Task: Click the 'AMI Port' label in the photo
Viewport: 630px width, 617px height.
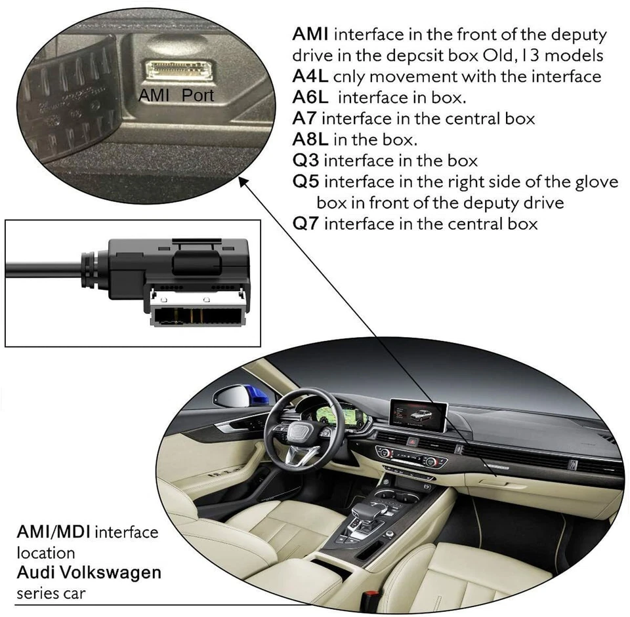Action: pos(177,94)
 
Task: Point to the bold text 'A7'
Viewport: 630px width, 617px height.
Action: pos(304,119)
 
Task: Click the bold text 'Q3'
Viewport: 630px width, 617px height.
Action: pos(305,161)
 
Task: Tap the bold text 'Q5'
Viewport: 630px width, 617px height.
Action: pos(305,182)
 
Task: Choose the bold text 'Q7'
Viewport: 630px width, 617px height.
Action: pos(305,224)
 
